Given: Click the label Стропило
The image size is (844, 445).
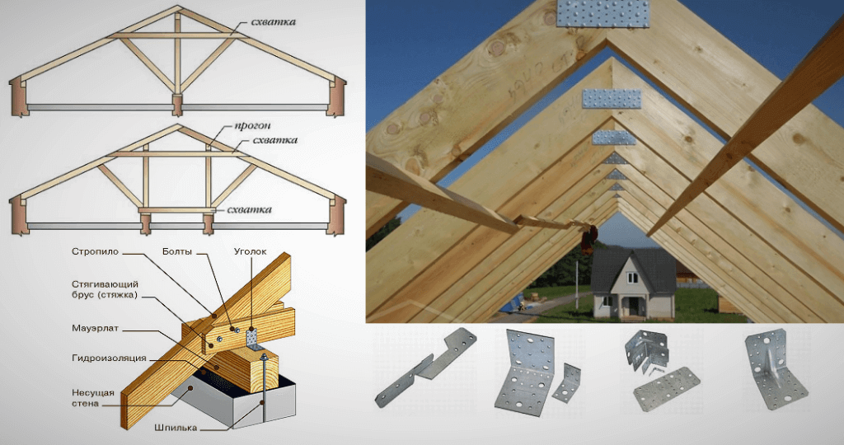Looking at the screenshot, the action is coord(96,252).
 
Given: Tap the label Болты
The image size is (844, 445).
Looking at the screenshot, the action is coord(177,252).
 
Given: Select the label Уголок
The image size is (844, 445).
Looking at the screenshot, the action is coord(251,252).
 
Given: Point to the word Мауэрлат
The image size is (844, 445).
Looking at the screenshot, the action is coord(96,328).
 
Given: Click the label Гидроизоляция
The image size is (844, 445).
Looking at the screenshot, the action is coord(110,358).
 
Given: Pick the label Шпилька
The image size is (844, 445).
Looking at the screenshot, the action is coord(176,429).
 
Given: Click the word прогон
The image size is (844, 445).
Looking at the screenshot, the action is coord(252,126).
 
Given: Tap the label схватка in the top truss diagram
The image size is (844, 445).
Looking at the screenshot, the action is coord(273,22).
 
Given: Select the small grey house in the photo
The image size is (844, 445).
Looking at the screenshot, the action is coord(634,284).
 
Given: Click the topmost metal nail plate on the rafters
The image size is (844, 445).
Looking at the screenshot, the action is coord(603,13).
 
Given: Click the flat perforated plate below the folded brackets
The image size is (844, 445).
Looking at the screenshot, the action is coord(666,388).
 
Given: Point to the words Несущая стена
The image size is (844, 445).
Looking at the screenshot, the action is coord(92,398).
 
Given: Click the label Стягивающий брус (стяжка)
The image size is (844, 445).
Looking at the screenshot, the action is coord(105,289).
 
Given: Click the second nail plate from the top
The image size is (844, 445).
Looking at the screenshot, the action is coord(612,98).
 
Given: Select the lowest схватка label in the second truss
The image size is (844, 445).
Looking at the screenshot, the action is coord(249,210).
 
